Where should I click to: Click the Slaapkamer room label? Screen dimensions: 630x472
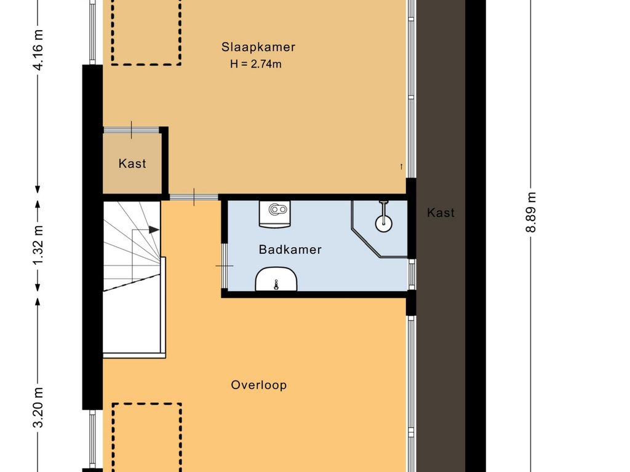[x=258, y=47]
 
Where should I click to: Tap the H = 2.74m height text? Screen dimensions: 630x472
[x=255, y=64]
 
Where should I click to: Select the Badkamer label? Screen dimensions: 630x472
[x=290, y=250]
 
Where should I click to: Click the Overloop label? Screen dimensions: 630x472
[x=259, y=385]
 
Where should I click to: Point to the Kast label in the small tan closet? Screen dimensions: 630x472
[x=132, y=163]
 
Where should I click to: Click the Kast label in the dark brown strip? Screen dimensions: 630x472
[x=441, y=213]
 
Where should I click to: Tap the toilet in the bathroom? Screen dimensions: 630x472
[x=274, y=213]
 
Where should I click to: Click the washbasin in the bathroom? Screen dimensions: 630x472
[x=276, y=279]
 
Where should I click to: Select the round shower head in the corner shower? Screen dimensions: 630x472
[x=384, y=223]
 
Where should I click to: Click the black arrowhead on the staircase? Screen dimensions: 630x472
[x=154, y=230]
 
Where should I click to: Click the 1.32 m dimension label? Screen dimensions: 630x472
[x=38, y=245]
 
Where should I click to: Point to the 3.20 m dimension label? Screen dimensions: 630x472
[x=38, y=407]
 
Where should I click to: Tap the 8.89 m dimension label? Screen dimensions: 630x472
[x=531, y=212]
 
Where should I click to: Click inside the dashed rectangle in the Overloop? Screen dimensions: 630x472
[x=146, y=438]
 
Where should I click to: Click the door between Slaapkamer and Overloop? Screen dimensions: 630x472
[x=194, y=197]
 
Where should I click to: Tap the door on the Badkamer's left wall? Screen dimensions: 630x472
[x=225, y=265]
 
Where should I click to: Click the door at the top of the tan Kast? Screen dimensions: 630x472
[x=132, y=130]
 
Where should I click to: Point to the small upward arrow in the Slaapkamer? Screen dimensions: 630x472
[x=401, y=167]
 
